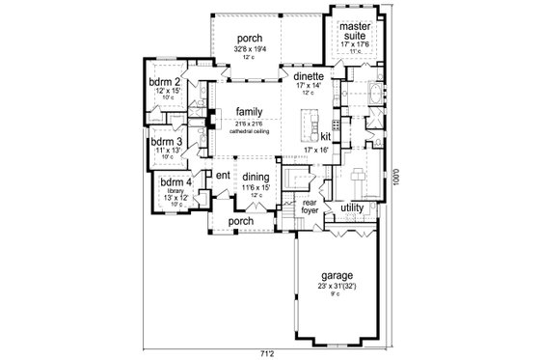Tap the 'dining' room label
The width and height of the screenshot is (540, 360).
[256, 177]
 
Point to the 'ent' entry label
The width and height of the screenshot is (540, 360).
[222, 175]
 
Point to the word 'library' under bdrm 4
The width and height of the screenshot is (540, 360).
[175, 191]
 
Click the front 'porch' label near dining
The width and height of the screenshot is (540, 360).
[240, 221]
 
